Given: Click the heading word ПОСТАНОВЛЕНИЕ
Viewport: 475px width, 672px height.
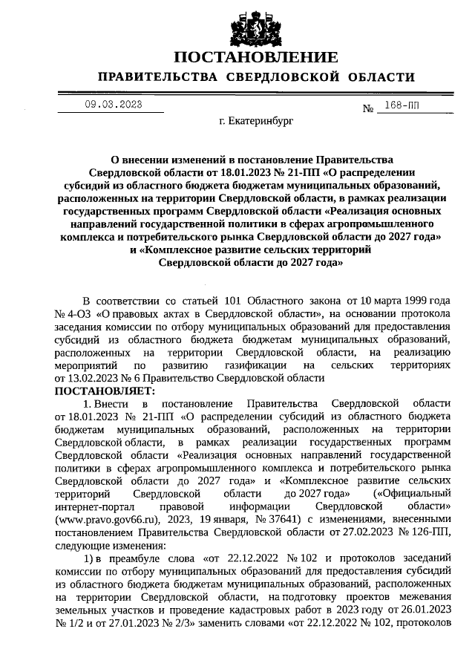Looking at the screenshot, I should click(x=256, y=57).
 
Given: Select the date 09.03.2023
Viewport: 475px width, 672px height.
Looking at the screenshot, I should click(x=113, y=105).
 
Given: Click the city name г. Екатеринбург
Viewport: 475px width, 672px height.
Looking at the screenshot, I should click(x=256, y=122).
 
